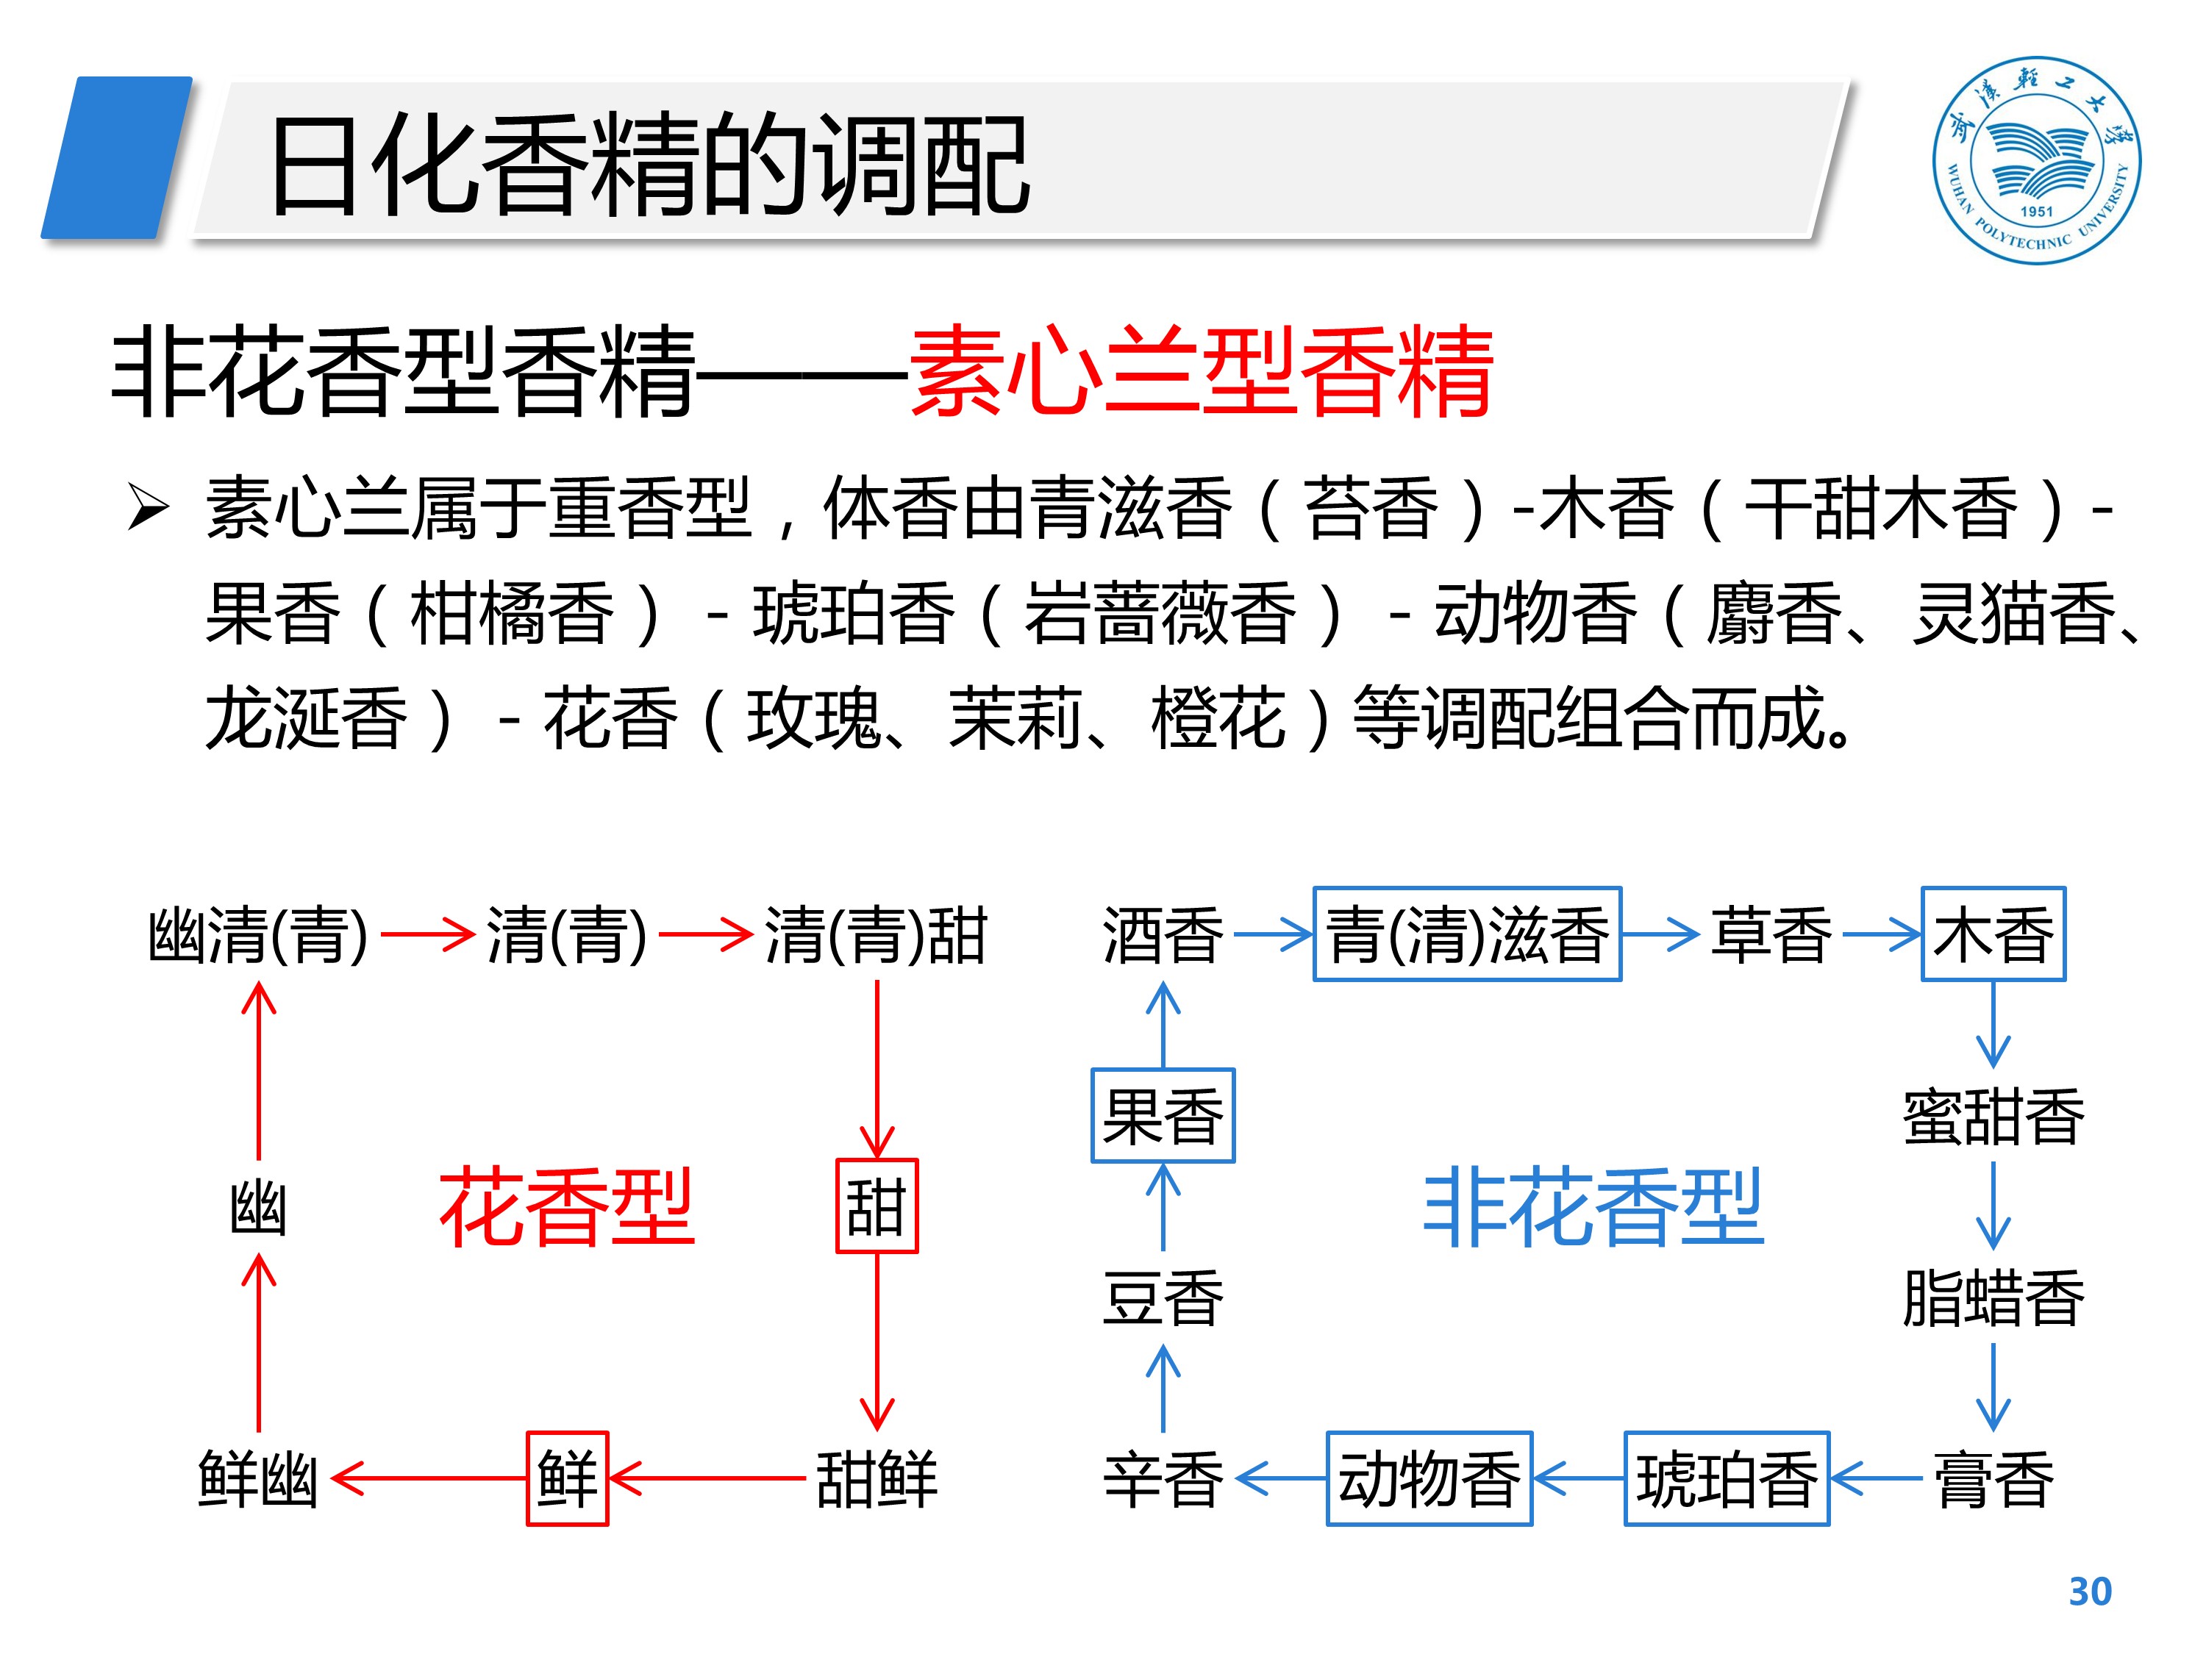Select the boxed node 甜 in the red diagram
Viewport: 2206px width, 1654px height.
click(x=876, y=1206)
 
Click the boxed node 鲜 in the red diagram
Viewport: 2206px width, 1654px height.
click(x=566, y=1478)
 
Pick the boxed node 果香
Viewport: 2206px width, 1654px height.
click(x=1163, y=1116)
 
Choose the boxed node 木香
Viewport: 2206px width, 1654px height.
click(x=1993, y=934)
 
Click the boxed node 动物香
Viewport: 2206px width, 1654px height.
click(x=1428, y=1478)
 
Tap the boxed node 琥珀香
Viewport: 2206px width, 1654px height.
click(x=1727, y=1478)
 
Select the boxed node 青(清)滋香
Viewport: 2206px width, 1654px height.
click(x=1466, y=934)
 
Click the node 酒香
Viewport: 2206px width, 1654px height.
click(x=1163, y=934)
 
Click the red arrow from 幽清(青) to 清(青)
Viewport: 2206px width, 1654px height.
click(x=426, y=934)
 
